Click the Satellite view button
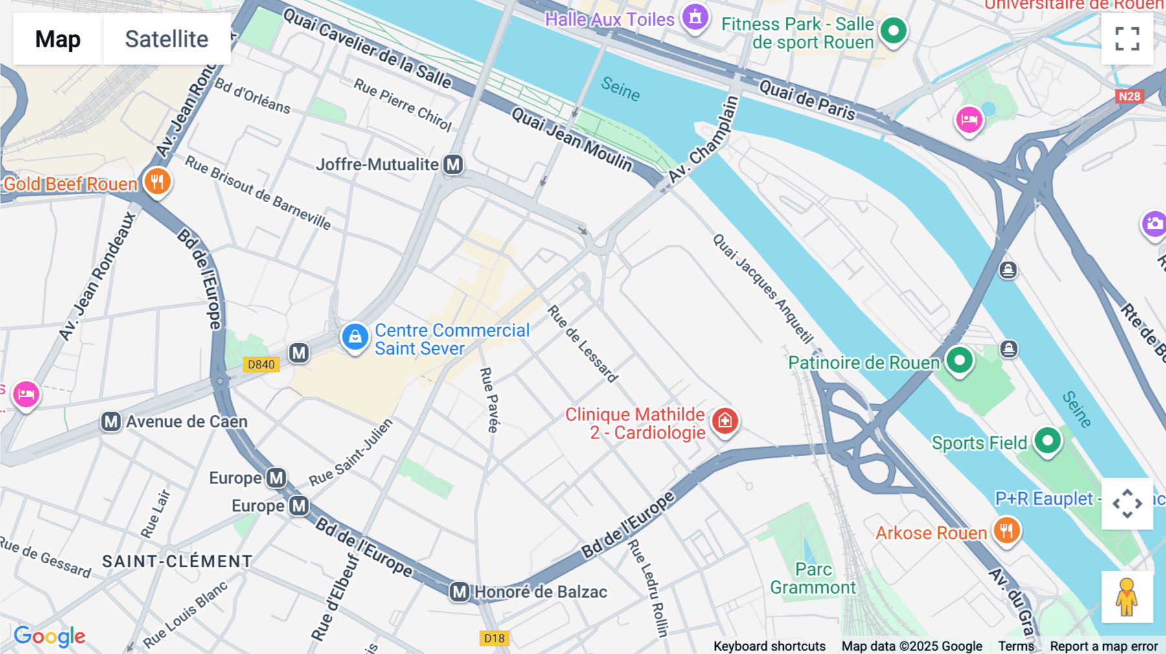(x=166, y=39)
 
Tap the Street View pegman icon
(x=1126, y=597)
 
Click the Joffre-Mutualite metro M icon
(x=453, y=164)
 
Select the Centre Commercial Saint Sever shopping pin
(x=355, y=337)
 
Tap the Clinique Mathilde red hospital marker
(x=725, y=421)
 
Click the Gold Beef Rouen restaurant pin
(x=157, y=181)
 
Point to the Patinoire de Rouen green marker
(x=959, y=360)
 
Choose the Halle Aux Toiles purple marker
(x=695, y=17)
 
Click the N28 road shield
(x=1129, y=96)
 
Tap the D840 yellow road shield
(x=261, y=365)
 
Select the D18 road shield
(x=494, y=638)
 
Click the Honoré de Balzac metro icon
(x=459, y=592)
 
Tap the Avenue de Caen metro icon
(x=111, y=422)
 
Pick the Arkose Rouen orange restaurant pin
(x=1006, y=530)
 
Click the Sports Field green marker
(x=1047, y=440)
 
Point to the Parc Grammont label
(x=813, y=578)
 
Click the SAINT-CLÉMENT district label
(x=177, y=561)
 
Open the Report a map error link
(x=1103, y=646)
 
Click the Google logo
(x=49, y=637)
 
